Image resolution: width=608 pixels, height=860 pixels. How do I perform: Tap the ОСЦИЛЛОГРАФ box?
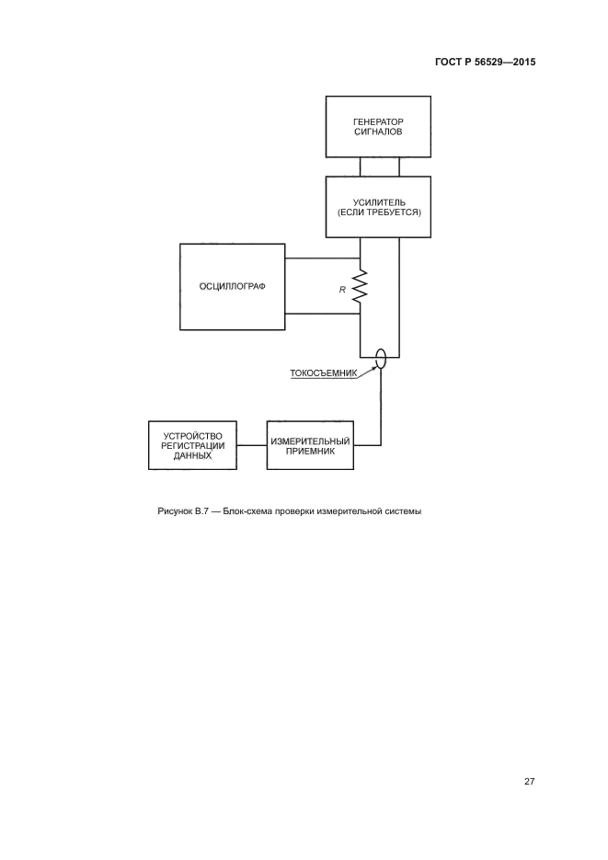232,286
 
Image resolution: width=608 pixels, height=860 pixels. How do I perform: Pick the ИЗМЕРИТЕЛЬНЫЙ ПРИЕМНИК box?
311,446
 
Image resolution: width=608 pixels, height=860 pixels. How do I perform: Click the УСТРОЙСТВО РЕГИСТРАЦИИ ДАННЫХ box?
192,446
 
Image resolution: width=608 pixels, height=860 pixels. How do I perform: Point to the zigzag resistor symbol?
360,286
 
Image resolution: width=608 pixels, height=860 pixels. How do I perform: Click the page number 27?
529,782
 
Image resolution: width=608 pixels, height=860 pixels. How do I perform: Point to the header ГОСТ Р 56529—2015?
485,63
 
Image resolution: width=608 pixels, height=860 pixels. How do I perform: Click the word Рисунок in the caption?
176,511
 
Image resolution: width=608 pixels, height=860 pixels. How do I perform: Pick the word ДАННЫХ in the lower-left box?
192,456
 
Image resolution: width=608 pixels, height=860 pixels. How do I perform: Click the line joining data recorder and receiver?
251,446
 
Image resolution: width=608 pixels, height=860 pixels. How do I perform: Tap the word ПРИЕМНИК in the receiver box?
311,452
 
